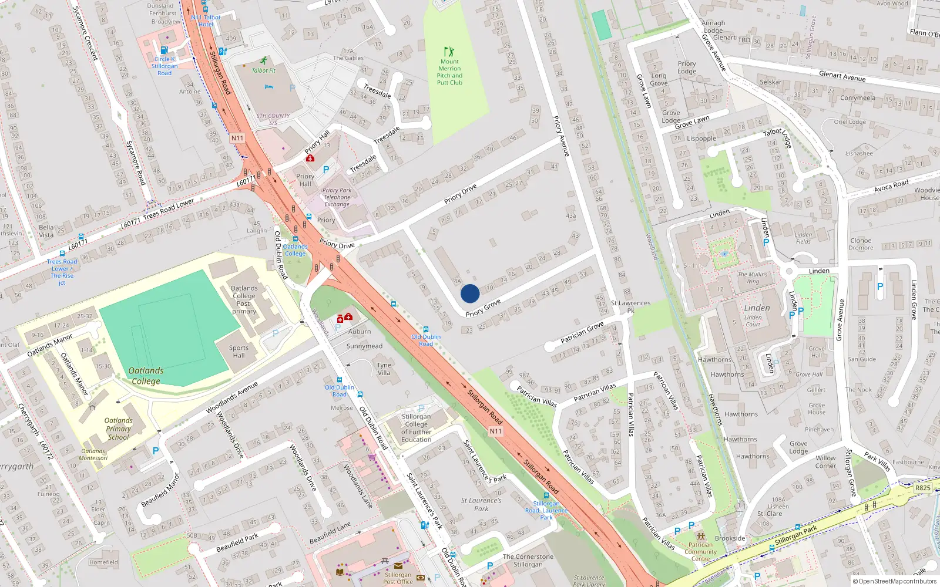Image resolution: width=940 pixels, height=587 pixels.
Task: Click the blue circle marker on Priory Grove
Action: pyautogui.click(x=470, y=293)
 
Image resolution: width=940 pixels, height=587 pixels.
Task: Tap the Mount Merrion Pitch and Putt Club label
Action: pyautogui.click(x=449, y=72)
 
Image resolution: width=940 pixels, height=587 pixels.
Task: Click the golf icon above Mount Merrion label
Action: pyautogui.click(x=449, y=52)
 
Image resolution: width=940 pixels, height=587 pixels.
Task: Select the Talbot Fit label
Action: pyautogui.click(x=264, y=70)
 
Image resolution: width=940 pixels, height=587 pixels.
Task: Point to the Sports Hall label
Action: pyautogui.click(x=239, y=352)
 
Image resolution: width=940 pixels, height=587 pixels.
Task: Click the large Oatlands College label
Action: pyautogui.click(x=146, y=376)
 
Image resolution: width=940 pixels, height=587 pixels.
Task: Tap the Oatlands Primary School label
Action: pyautogui.click(x=118, y=429)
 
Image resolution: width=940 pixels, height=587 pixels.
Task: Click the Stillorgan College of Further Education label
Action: pyautogui.click(x=416, y=428)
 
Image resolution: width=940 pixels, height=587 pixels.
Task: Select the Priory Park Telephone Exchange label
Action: pyautogui.click(x=337, y=197)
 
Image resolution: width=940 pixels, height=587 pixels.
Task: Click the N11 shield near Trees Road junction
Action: pyautogui.click(x=237, y=139)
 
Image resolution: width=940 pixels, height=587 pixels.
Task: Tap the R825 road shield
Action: pyautogui.click(x=923, y=488)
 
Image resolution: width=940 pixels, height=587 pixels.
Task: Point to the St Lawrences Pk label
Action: pyautogui.click(x=630, y=306)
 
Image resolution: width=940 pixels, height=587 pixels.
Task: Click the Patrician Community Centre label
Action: pyautogui.click(x=700, y=552)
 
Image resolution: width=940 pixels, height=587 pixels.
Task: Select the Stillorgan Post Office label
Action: pyautogui.click(x=398, y=578)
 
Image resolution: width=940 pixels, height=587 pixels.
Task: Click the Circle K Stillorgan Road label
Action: pyautogui.click(x=164, y=66)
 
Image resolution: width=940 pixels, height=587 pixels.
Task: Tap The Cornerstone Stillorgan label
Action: pyautogui.click(x=528, y=561)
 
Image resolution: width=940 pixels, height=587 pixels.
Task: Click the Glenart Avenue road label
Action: pyautogui.click(x=842, y=76)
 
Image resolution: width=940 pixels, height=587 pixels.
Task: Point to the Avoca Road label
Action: pyautogui.click(x=891, y=185)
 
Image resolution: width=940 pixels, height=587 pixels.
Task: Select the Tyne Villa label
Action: pyautogui.click(x=384, y=369)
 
